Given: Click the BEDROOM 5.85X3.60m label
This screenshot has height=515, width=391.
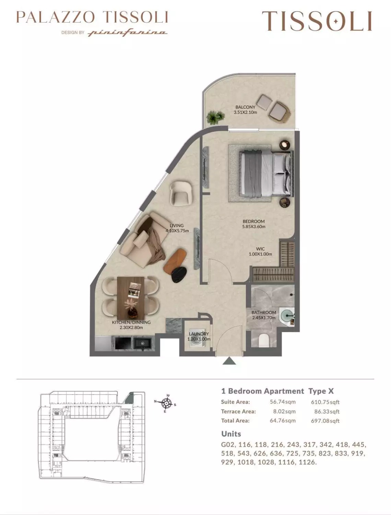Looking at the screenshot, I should pyautogui.click(x=253, y=224).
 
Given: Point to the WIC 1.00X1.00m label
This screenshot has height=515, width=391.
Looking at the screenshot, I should pyautogui.click(x=260, y=251).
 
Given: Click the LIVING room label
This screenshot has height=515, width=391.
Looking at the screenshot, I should pyautogui.click(x=177, y=228).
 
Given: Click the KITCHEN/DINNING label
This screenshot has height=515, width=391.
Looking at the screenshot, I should pyautogui.click(x=131, y=325).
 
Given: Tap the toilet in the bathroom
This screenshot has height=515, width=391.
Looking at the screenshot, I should pyautogui.click(x=264, y=341).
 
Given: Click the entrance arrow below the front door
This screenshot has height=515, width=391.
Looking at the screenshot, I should pyautogui.click(x=228, y=361).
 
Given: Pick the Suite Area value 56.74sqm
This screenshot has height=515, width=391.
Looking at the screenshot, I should pyautogui.click(x=282, y=402).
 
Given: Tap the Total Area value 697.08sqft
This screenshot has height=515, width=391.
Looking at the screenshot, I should pyautogui.click(x=325, y=421).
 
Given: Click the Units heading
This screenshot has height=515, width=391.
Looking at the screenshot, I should pyautogui.click(x=231, y=434).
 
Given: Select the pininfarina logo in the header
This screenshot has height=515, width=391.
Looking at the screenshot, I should pyautogui.click(x=128, y=33).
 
